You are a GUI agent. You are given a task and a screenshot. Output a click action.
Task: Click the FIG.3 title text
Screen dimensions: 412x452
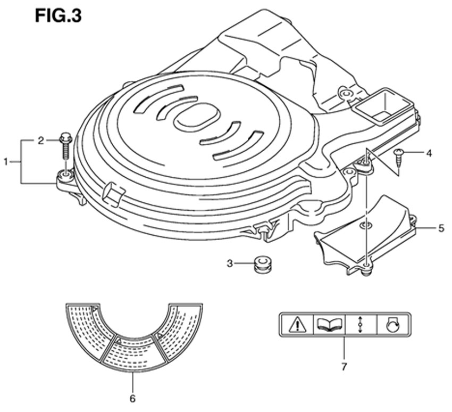pyautogui.click(x=58, y=15)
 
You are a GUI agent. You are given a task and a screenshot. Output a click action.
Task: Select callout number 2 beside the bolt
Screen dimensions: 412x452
pyautogui.click(x=40, y=141)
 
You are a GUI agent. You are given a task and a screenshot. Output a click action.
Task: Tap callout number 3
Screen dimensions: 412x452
pyautogui.click(x=229, y=263)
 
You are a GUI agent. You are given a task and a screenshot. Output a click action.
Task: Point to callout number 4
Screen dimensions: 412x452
pyautogui.click(x=428, y=154)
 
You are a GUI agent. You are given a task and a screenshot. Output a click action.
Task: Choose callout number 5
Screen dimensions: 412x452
pyautogui.click(x=441, y=228)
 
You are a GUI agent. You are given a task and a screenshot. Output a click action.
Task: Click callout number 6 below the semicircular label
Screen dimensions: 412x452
pyautogui.click(x=132, y=398)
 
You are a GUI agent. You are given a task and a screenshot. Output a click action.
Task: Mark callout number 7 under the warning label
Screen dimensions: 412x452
pyautogui.click(x=344, y=367)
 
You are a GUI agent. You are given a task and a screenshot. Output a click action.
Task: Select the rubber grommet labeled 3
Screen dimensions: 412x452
pyautogui.click(x=262, y=264)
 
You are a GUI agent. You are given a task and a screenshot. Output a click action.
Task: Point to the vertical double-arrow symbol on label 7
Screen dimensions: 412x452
pyautogui.click(x=361, y=324)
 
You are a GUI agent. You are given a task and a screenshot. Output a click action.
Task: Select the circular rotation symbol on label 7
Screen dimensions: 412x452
pyautogui.click(x=393, y=324)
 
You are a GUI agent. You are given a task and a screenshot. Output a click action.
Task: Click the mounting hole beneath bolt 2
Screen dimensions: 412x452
pyautogui.click(x=65, y=176)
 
